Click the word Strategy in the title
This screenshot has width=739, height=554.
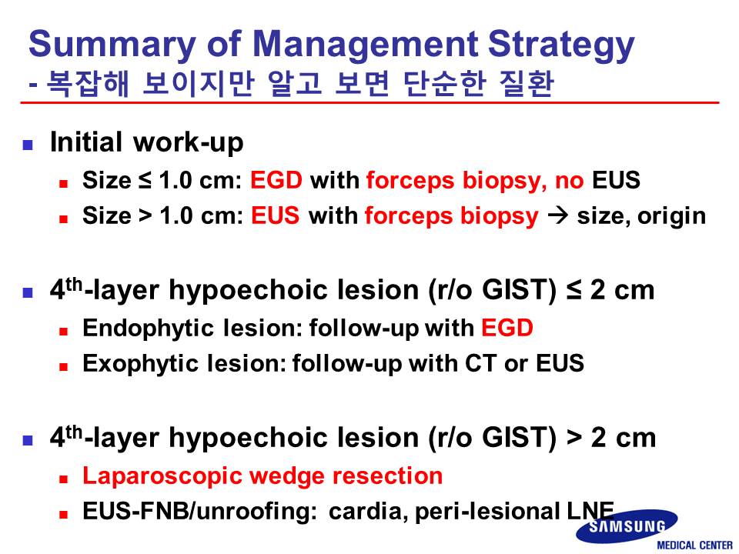tap(561, 45)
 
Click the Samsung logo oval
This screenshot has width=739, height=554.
tap(627, 526)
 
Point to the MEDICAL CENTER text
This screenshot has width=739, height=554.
tap(694, 546)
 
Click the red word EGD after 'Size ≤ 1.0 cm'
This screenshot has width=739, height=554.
tap(276, 180)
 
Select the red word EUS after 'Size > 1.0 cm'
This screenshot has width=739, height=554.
tap(276, 215)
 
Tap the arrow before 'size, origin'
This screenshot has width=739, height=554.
tap(558, 215)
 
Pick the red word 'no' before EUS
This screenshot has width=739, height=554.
tap(570, 181)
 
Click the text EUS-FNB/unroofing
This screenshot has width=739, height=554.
tap(200, 511)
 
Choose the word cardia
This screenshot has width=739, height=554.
tap(369, 512)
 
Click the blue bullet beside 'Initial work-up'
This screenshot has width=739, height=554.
tap(28, 144)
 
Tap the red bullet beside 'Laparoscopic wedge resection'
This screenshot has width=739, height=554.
tap(64, 479)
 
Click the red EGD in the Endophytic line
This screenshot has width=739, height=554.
tap(507, 328)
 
